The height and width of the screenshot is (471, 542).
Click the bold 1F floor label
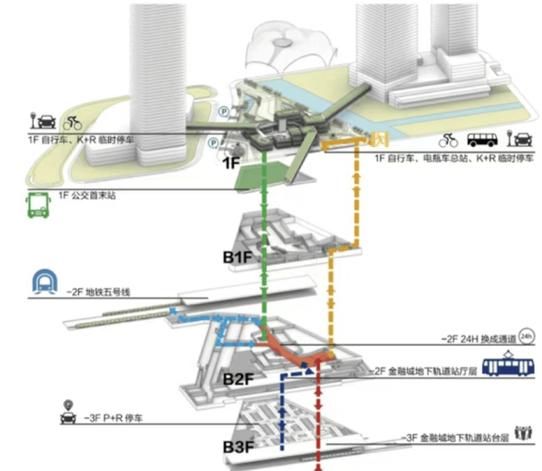[231, 163]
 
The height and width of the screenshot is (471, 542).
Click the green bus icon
[37, 206]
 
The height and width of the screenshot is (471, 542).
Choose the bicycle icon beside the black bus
[448, 139]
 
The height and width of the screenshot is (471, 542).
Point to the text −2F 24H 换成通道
[478, 339]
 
